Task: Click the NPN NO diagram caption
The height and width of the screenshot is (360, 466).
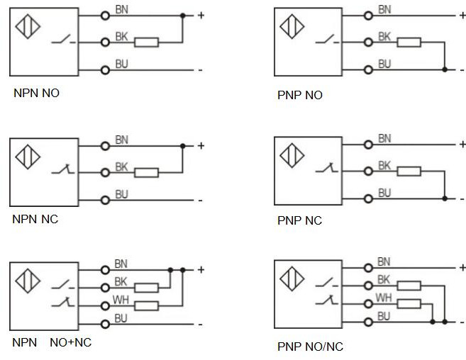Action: coord(36,92)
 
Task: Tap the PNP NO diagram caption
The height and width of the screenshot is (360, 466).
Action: coord(299,95)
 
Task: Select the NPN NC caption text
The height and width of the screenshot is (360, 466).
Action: coord(35,219)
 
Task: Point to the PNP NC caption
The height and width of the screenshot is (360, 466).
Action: coord(299,220)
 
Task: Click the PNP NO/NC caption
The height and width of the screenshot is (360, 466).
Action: coord(310,347)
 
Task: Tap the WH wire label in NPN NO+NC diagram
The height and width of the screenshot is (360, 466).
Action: coord(121,300)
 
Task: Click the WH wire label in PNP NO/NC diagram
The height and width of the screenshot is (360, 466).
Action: coord(384,297)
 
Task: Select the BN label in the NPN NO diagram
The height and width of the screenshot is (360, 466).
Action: coord(121,9)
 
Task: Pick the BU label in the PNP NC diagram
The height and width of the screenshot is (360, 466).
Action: coord(384,193)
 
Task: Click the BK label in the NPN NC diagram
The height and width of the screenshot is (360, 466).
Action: coord(121,167)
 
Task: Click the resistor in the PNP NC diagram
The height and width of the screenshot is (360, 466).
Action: coord(409,170)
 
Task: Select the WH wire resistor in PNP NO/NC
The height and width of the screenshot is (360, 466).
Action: coord(409,304)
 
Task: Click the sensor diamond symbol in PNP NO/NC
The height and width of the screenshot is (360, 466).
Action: coord(291,277)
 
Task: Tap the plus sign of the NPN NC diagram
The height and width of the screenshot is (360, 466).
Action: coord(201,146)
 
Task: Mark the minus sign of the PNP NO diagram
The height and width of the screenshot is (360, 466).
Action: coord(462,69)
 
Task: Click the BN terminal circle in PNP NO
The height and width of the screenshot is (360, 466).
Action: coord(368,15)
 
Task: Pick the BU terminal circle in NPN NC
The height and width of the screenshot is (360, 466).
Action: coord(105,200)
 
